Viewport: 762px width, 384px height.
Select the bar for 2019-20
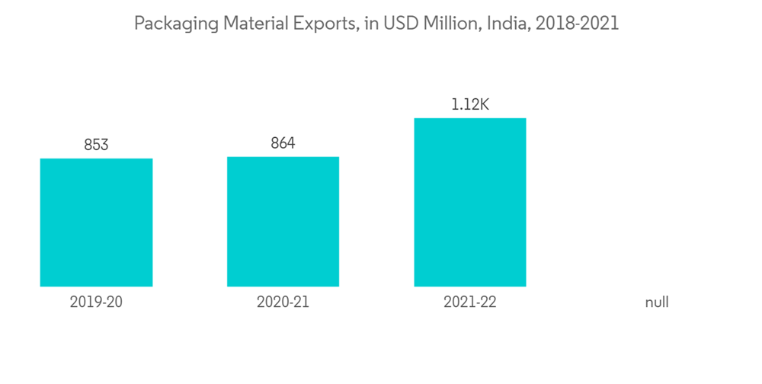(96, 222)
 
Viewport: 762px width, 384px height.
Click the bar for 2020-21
(283, 222)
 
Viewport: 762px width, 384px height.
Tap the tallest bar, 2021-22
(469, 202)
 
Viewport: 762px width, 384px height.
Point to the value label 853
(96, 145)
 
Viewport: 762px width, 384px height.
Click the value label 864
(283, 143)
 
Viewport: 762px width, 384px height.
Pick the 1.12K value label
(469, 104)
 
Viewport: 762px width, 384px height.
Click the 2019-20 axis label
(96, 302)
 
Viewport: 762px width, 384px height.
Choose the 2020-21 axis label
(283, 302)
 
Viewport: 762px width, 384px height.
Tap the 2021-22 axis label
(469, 302)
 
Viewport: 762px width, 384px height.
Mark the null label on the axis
(656, 302)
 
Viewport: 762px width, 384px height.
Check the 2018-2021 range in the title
(577, 24)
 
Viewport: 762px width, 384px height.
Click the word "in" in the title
(371, 24)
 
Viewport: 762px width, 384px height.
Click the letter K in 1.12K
(483, 104)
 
